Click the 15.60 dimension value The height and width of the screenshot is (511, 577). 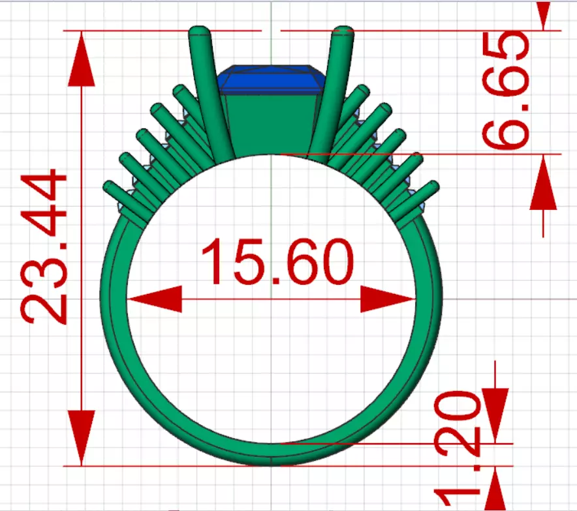277,262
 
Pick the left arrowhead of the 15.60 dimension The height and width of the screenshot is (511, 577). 154,299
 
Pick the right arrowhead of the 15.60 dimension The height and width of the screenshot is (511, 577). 389,299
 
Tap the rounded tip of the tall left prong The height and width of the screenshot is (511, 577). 199,32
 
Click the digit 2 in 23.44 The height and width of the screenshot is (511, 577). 44,304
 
